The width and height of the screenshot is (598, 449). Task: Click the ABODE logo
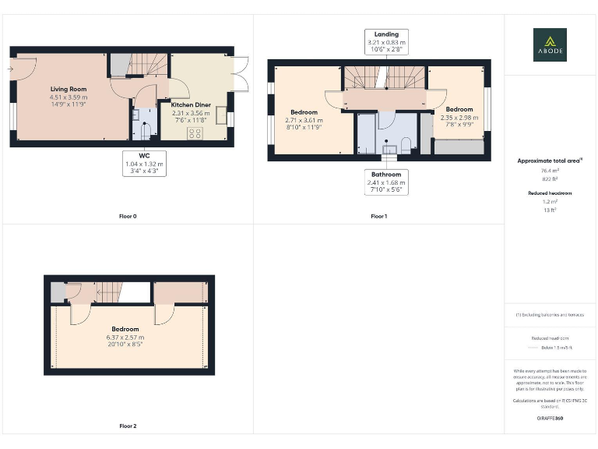coord(550,44)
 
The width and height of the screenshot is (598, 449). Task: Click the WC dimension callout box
coord(144,164)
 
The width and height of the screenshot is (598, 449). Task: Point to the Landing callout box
coord(386,42)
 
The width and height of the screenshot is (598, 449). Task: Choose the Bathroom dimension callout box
coord(386,182)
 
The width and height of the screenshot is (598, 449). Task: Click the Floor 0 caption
coord(128,216)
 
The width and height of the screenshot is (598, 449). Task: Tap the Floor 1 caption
coord(378,216)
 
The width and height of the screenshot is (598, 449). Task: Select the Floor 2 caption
coord(128,426)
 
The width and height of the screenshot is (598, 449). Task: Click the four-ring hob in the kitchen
coord(195,133)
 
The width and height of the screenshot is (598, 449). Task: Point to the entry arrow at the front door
coord(11,69)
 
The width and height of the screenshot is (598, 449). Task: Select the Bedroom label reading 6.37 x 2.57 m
coord(125,336)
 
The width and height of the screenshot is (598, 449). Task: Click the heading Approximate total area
coord(550,161)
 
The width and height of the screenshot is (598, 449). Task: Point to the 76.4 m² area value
coord(550,170)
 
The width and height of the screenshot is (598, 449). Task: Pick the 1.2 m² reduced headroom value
coord(550,201)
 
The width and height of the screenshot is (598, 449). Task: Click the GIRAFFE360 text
coord(550,419)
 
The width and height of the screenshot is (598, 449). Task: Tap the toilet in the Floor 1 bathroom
coord(406,143)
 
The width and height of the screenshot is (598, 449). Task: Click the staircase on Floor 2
coord(108,292)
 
